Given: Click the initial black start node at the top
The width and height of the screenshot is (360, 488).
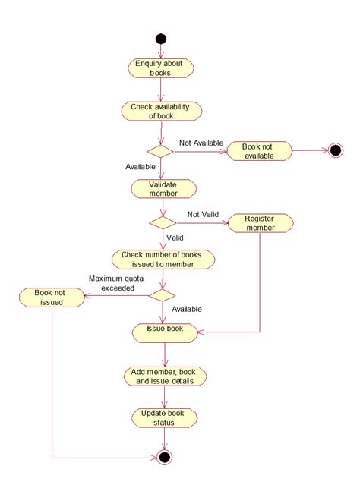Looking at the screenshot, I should pyautogui.click(x=160, y=39).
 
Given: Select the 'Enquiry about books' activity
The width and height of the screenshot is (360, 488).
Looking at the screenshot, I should pyautogui.click(x=160, y=68).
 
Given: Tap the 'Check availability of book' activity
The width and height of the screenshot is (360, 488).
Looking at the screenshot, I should pyautogui.click(x=161, y=111).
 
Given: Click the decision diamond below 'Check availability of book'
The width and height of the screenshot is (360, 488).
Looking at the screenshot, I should pyautogui.click(x=160, y=151).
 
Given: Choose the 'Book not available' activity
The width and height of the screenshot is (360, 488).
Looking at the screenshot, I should pyautogui.click(x=261, y=151).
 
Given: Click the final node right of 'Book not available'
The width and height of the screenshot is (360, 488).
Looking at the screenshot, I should pyautogui.click(x=336, y=150).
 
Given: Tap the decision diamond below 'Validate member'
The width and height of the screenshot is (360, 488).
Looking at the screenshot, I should pyautogui.click(x=162, y=223).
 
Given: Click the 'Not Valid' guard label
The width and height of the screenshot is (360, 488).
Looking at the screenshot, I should pyautogui.click(x=203, y=215).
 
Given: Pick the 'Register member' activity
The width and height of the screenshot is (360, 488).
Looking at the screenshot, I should pyautogui.click(x=261, y=222).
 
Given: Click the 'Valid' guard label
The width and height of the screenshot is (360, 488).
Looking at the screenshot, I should pyautogui.click(x=175, y=237).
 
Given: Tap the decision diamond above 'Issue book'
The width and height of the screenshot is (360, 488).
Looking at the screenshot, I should pyautogui.click(x=161, y=294).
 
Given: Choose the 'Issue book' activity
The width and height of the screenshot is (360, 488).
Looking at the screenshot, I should pyautogui.click(x=165, y=331).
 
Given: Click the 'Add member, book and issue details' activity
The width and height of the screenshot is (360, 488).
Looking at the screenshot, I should pyautogui.click(x=165, y=376).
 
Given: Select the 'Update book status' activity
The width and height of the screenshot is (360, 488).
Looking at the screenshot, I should pyautogui.click(x=165, y=417).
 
